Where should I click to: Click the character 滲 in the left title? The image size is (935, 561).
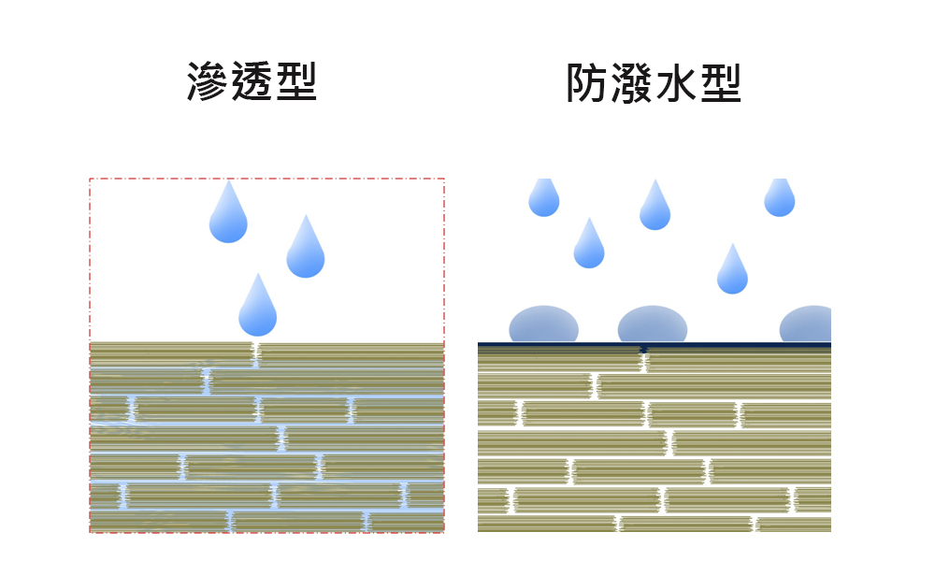(x=209, y=81)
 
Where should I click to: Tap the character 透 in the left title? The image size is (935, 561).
(x=252, y=81)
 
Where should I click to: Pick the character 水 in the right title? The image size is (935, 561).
(x=675, y=84)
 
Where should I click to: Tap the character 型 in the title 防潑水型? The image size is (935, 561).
(x=719, y=84)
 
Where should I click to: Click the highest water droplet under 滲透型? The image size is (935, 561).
(x=228, y=215)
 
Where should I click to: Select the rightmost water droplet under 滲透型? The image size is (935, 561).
(x=305, y=250)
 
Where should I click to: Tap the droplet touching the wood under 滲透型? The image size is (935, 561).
(x=258, y=309)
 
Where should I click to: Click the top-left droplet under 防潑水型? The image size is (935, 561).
(x=543, y=198)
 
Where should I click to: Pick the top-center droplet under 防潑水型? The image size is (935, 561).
(x=654, y=209)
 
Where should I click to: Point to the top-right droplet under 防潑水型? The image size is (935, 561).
(x=779, y=198)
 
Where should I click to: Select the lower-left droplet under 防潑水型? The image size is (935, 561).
(x=588, y=247)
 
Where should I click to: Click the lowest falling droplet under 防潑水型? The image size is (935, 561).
(x=732, y=272)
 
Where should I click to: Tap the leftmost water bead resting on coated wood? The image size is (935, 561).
(x=543, y=326)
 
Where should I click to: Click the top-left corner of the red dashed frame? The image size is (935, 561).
(x=90, y=179)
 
